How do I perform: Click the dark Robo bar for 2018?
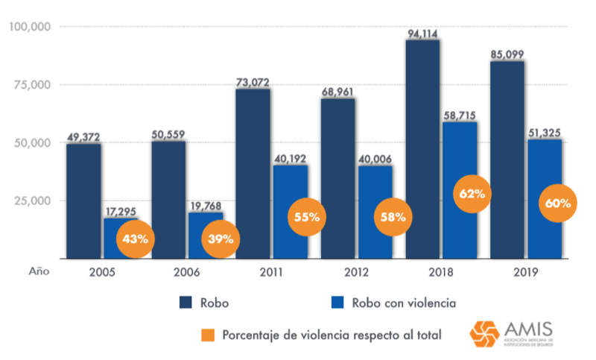422,149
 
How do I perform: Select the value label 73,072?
253,82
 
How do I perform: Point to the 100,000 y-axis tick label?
28,27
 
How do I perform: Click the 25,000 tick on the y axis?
31,200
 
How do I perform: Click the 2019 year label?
525,271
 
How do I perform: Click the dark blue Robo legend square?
186,302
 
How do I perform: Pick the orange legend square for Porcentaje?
209,335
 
